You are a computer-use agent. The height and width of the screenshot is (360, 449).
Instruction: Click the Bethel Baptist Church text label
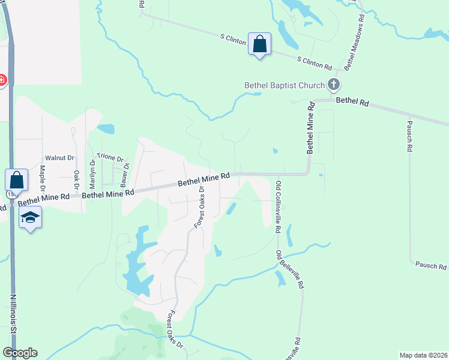284,85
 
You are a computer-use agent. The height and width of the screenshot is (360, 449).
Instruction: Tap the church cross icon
334,85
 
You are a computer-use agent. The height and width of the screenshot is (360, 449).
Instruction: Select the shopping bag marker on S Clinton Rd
259,44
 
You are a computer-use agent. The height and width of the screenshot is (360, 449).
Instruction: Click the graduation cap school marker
30,217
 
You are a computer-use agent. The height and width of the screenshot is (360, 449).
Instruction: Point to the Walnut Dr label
59,158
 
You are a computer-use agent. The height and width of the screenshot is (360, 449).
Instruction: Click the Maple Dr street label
43,176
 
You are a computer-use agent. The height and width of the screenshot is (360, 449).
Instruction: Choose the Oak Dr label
76,180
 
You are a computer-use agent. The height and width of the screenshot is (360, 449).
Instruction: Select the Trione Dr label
110,157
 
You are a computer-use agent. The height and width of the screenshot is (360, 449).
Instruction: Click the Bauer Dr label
126,175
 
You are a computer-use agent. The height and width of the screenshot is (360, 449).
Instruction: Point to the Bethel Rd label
352,102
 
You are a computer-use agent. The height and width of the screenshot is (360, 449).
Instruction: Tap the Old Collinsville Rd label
279,207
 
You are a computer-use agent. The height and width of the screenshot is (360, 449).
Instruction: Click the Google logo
20,353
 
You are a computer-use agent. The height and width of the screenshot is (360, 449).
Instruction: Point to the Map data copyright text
423,355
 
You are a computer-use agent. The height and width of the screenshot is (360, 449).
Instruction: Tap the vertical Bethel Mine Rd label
310,128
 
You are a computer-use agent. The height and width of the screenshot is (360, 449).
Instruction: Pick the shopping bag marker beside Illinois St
16,180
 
